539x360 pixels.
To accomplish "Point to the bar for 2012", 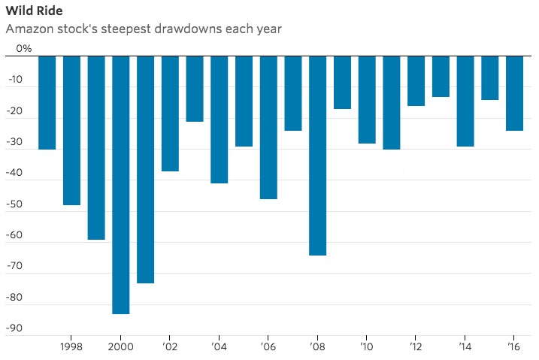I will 416,80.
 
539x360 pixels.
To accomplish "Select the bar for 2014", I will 465,101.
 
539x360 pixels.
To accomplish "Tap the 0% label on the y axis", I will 24,49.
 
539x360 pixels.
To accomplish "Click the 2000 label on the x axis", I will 121,346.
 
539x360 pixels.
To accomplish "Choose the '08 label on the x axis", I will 318,346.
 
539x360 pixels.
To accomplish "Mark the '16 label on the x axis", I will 515,346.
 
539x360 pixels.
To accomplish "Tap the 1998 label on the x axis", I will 71,346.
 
